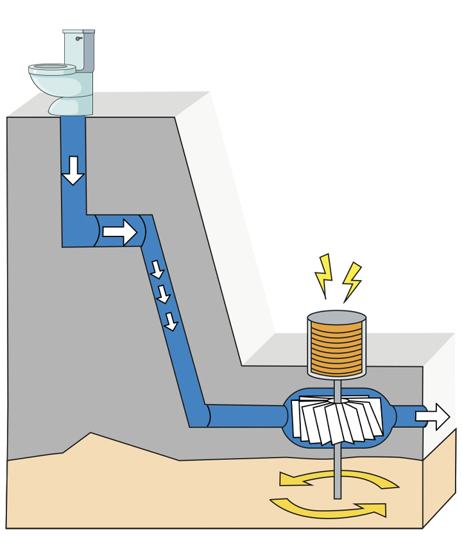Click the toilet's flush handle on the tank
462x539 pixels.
pos(79,39)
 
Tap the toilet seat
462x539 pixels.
pos(52,67)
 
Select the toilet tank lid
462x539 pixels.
pos(79,31)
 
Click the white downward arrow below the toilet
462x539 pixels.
pos(73,170)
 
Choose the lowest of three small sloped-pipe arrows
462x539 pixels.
pos(171,321)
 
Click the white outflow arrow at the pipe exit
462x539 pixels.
pos(433,416)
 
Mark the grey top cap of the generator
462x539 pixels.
pos(336,317)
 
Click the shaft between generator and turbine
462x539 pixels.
pos(337,388)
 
